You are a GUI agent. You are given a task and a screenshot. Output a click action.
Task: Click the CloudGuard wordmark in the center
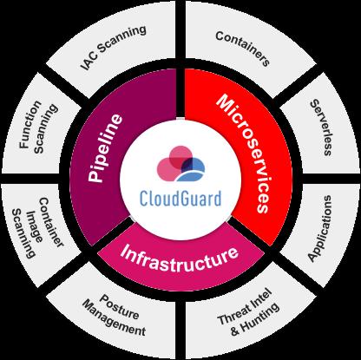[x=180, y=199]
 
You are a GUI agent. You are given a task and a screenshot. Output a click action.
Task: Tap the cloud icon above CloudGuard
[x=180, y=163]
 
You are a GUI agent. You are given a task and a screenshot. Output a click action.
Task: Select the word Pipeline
[x=105, y=148]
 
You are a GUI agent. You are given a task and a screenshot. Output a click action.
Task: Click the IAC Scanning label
[x=114, y=48]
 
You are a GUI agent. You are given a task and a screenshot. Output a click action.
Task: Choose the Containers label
[x=243, y=49]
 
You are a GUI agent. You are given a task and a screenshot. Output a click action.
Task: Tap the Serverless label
[x=321, y=128]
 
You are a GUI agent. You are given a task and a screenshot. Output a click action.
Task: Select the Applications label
[x=319, y=229]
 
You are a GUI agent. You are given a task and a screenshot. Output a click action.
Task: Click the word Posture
[x=119, y=306]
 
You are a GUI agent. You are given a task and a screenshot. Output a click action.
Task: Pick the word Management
[x=114, y=318]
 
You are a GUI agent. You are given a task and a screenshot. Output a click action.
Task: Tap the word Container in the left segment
[x=51, y=222]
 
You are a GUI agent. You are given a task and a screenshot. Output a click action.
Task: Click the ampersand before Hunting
[x=235, y=331]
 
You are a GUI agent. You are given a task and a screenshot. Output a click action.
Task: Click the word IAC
[x=89, y=62]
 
